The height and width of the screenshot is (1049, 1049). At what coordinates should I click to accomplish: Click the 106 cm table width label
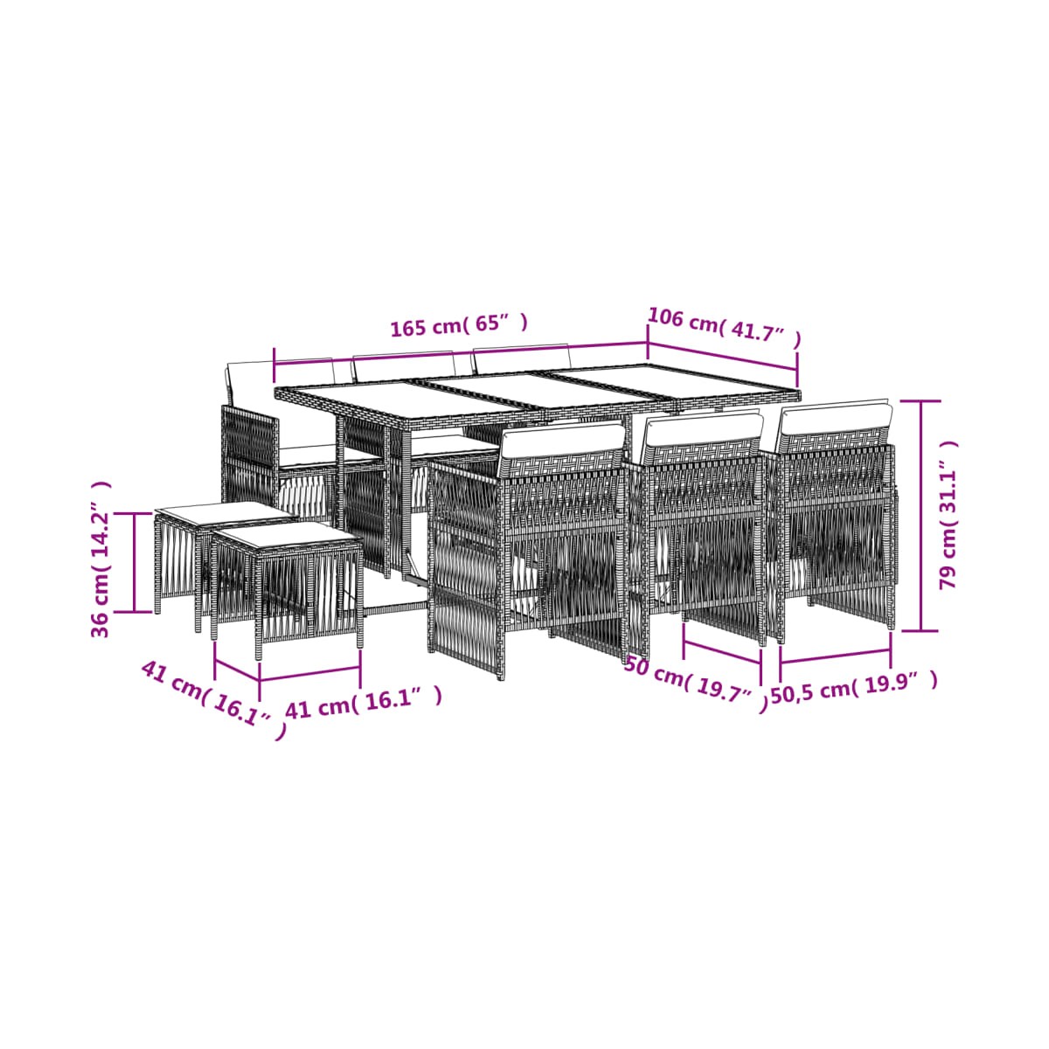click(725, 329)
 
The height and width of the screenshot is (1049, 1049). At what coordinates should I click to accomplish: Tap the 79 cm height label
click(948, 514)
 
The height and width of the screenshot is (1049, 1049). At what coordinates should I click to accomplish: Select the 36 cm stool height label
click(101, 559)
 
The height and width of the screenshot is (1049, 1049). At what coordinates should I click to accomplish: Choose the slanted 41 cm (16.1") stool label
click(213, 699)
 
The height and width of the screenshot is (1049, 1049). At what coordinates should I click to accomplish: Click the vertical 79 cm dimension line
click(921, 515)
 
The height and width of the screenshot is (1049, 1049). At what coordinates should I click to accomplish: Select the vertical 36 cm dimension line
click(135, 562)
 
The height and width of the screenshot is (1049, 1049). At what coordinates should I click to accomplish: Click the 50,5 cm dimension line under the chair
click(836, 656)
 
